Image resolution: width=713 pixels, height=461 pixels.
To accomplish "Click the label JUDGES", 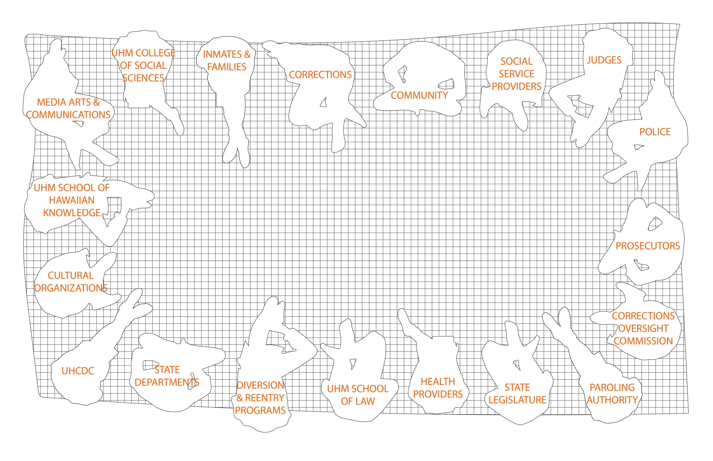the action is point(604,60).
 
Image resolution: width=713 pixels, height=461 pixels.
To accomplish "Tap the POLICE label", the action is point(655,132).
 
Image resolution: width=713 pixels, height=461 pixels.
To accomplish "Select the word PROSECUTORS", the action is point(648,246).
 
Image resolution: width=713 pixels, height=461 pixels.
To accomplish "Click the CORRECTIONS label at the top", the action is point(320,75).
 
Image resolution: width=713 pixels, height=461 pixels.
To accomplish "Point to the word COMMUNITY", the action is point(419,95).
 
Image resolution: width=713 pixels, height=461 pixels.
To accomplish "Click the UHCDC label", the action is point(78,371).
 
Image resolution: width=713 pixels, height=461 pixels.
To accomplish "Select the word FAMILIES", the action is point(227,67).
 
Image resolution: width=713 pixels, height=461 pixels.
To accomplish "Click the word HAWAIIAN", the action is point(72,200).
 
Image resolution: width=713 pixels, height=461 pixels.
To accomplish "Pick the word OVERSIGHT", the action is point(643,329).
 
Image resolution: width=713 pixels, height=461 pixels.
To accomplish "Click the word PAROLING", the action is point(612,388).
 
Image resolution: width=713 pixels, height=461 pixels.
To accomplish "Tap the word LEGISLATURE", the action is point(517,400).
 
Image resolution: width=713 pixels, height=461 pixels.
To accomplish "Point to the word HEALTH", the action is point(438,382).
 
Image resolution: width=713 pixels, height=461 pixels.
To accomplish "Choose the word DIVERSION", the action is point(260,385).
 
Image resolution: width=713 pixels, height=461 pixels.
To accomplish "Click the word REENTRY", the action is point(265,398).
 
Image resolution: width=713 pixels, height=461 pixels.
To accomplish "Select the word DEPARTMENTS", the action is point(167,383).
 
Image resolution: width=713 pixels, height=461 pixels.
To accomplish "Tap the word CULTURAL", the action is point(71,276).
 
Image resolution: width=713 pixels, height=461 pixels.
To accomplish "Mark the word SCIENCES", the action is point(143,78).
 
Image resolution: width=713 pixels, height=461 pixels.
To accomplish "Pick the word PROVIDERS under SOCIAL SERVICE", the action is point(516,87).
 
